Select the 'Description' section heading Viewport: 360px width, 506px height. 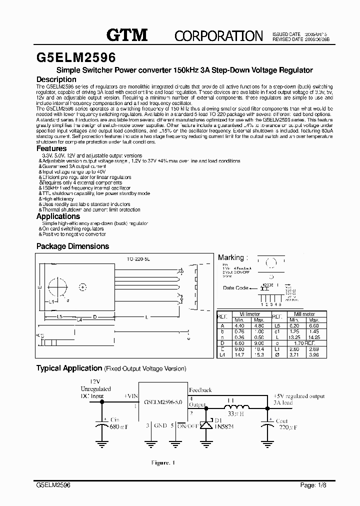coord(56,79)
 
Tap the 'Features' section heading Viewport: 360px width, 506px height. coord(51,148)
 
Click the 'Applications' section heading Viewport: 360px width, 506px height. coord(58,216)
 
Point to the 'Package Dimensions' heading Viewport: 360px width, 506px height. coord(72,246)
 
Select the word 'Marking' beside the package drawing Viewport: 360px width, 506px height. coord(230,257)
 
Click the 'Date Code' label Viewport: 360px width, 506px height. coord(235,288)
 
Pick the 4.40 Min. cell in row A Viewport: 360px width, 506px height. coord(240,325)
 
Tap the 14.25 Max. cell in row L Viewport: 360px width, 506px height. coord(313,336)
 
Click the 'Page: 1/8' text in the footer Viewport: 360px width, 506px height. coord(310,485)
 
